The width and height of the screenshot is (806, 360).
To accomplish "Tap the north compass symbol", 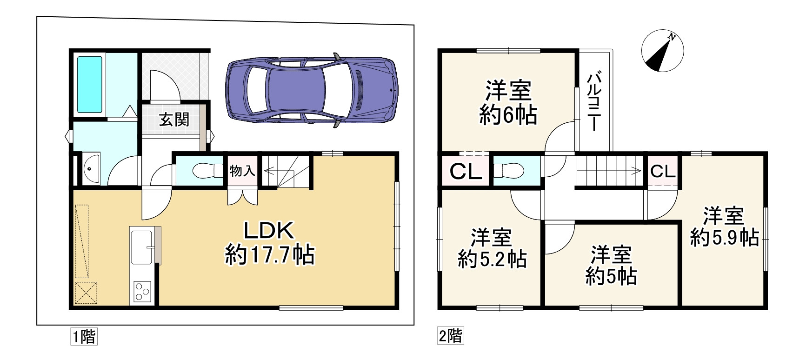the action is click(x=662, y=52).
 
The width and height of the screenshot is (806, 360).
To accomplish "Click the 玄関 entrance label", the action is click(x=174, y=120).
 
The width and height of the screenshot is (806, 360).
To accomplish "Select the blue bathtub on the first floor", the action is click(x=90, y=84).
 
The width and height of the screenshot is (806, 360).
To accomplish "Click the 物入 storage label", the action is click(x=242, y=171).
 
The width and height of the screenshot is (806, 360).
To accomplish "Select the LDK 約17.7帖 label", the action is click(x=270, y=242).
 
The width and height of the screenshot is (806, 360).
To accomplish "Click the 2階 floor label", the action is click(x=451, y=336).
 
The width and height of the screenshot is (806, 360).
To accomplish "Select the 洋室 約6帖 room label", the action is click(x=508, y=102).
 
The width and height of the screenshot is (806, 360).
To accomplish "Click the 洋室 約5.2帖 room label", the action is click(x=492, y=247).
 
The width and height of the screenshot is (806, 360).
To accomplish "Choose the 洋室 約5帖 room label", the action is click(x=611, y=266).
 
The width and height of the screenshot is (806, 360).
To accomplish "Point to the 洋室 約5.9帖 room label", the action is click(x=725, y=227).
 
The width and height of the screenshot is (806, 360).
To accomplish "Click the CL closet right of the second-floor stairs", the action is click(x=662, y=172).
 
